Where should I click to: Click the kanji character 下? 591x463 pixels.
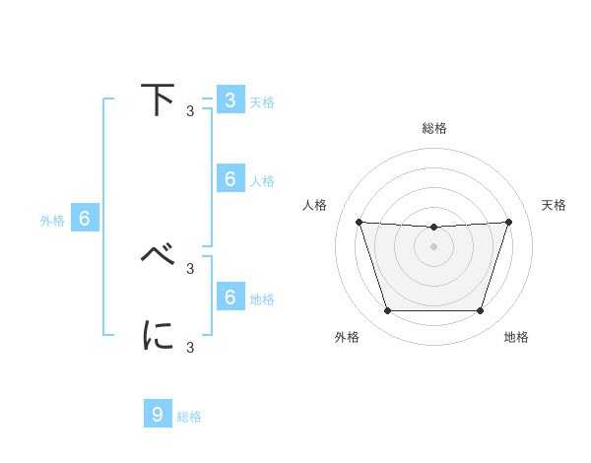pos(159,100)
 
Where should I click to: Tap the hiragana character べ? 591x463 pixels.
pos(159,255)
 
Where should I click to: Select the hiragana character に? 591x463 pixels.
pos(159,335)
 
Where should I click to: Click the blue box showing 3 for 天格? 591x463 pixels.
pos(230,100)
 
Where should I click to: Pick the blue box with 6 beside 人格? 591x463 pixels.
pos(230,179)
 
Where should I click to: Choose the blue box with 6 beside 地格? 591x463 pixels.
pos(230,298)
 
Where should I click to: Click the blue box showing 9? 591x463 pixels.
pos(158,415)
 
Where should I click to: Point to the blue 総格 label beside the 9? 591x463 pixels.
pos(189,417)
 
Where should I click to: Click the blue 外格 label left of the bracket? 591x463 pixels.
pos(52,221)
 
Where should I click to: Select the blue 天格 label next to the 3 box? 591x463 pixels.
pos(262,101)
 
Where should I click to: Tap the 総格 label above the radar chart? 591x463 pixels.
pos(433,128)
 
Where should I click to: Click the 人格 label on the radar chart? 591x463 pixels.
pos(315,205)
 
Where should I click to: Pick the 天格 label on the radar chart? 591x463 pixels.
pos(554,205)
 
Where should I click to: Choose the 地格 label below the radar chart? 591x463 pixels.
pos(516,337)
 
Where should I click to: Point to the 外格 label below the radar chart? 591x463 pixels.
pos(347,337)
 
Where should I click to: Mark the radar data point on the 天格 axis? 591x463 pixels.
pos(508,222)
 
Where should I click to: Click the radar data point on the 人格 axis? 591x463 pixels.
pos(359,222)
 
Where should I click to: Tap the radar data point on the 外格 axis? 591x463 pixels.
pos(387,311)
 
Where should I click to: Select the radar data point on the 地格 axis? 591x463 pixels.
pos(480,311)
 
